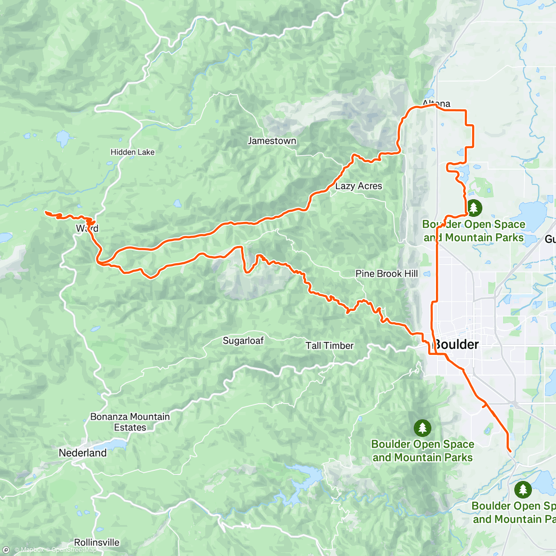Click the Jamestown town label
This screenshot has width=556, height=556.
click(272, 141)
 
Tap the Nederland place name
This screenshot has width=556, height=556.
click(82, 453)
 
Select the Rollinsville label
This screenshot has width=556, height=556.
click(96, 542)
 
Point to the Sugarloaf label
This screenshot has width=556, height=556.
click(243, 341)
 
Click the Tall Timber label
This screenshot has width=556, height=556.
click(329, 346)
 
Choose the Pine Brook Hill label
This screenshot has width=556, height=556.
click(386, 273)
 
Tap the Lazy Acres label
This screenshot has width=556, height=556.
click(359, 186)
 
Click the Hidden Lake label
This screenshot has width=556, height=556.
click(133, 152)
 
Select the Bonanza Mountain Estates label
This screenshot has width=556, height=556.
click(130, 422)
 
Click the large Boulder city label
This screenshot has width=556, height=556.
click(456, 345)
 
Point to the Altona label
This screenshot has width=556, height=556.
click(436, 103)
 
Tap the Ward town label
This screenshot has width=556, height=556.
click(87, 228)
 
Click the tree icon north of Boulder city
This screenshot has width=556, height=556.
click(474, 208)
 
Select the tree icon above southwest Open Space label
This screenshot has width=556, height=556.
click(422, 428)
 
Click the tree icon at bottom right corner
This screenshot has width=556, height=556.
click(523, 489)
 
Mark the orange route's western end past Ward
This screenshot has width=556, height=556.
click(45, 212)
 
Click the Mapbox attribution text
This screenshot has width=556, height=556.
click(32, 550)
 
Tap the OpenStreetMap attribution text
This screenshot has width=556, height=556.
click(74, 550)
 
